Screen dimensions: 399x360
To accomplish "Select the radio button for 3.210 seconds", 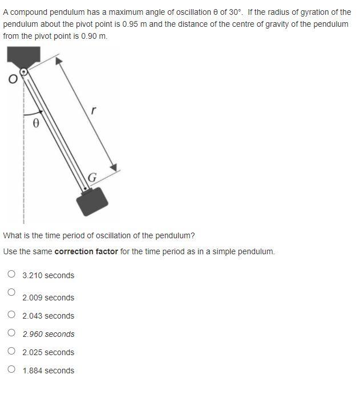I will pyautogui.click(x=11, y=274).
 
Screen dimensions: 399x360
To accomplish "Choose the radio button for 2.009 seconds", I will pyautogui.click(x=11, y=292).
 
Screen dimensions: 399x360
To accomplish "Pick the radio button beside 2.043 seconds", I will pyautogui.click(x=11, y=315).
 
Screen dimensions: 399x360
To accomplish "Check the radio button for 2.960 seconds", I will pyautogui.click(x=11, y=333).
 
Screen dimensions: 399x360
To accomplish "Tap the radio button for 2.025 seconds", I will pyautogui.click(x=11, y=351).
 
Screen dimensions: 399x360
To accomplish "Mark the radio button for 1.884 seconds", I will pyautogui.click(x=11, y=369).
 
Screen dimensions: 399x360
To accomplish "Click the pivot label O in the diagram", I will pyautogui.click(x=11, y=80).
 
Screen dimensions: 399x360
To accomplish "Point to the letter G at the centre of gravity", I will pyautogui.click(x=93, y=177).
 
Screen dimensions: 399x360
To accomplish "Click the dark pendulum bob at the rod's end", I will pyautogui.click(x=92, y=201).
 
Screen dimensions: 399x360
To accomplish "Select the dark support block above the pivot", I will pyautogui.click(x=23, y=58).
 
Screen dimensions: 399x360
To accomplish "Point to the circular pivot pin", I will pyautogui.click(x=24, y=72).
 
